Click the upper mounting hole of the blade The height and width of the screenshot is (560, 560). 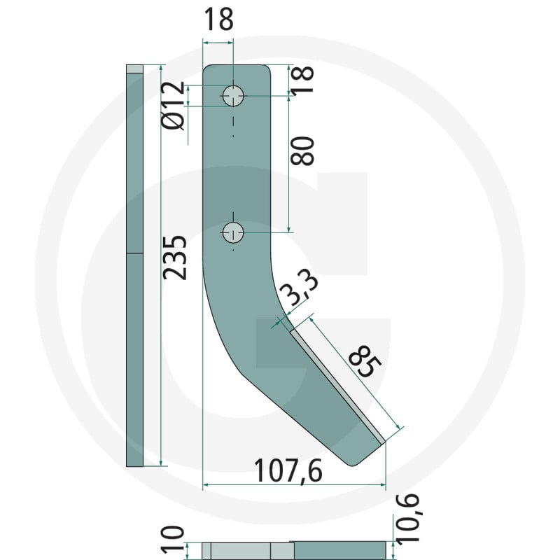tap(233, 96)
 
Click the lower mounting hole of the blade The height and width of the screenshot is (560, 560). tap(233, 233)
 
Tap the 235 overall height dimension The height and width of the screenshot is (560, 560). tap(175, 258)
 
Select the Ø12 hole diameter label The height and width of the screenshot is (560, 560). tap(173, 106)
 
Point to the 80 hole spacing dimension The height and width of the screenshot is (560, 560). tap(302, 151)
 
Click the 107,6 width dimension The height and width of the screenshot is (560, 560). tap(288, 471)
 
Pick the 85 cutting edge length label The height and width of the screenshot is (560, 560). tap(365, 361)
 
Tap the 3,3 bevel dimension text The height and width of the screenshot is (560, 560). tap(300, 288)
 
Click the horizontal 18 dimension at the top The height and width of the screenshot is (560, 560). tap(218, 20)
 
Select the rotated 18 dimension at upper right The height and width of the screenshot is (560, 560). tap(302, 80)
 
